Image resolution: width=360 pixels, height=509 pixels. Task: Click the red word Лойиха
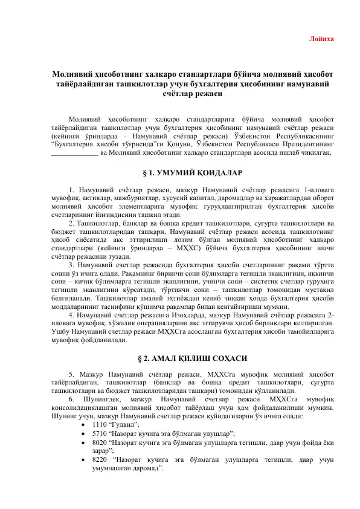point(321,39)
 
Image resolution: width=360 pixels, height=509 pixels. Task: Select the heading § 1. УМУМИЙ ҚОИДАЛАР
point(179,172)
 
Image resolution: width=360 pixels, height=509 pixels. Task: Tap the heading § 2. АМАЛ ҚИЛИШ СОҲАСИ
point(179,340)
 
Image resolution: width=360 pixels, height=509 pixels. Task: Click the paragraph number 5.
point(71,357)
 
